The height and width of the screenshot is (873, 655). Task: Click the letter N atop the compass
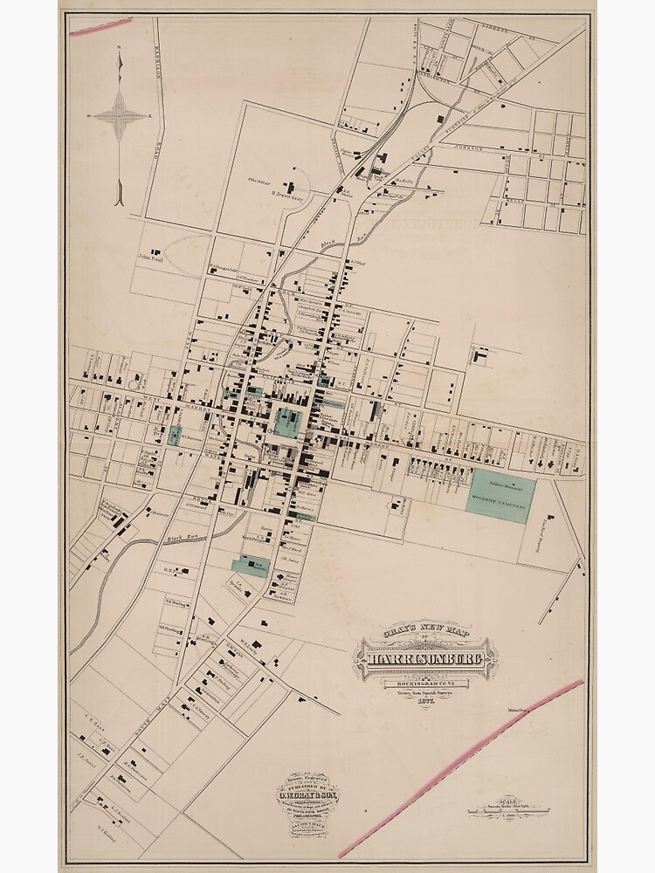coord(121,48)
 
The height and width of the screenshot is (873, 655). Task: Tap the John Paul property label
coord(150,258)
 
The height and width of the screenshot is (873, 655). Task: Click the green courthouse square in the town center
coord(286,423)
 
